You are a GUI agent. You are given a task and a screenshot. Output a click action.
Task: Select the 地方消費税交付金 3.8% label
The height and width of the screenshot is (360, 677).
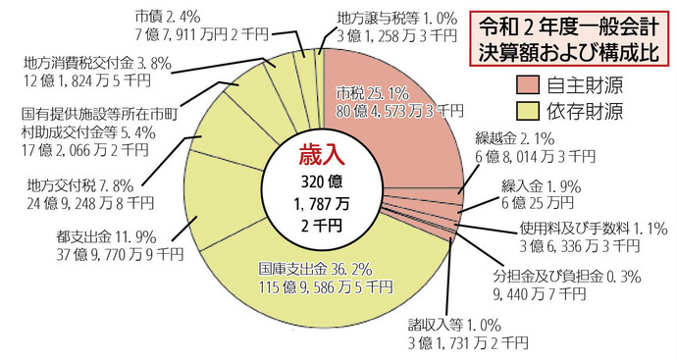click(89, 64)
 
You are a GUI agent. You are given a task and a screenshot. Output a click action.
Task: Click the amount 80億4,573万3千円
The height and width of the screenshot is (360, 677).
click(391, 110)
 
